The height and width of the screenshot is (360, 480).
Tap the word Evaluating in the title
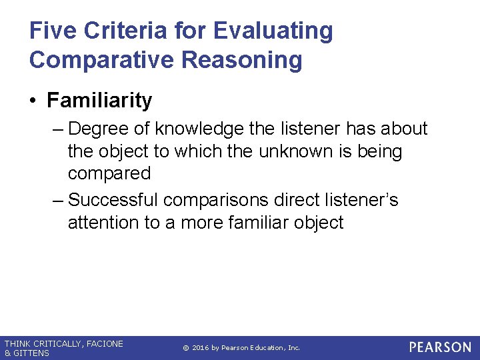[x=273, y=31]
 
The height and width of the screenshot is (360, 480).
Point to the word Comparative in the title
[x=101, y=60]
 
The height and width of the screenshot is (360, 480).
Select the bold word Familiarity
[x=99, y=101]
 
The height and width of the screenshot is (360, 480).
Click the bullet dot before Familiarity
[x=33, y=101]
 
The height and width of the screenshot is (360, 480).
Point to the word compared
[x=109, y=174]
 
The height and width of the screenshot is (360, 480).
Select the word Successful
[x=113, y=200]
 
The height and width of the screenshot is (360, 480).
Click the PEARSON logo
[x=440, y=347]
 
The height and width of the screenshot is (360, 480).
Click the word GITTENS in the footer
[x=31, y=353]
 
